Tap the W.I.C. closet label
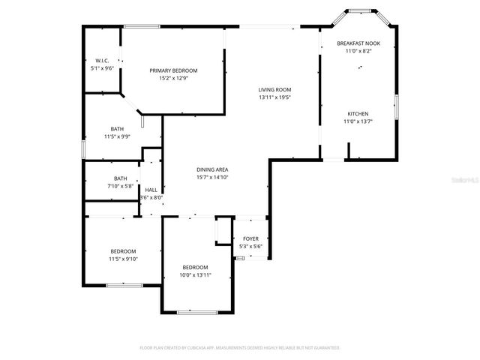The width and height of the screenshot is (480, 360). (103, 60)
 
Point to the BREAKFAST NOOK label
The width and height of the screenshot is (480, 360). (358, 43)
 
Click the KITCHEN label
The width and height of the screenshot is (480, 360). (358, 114)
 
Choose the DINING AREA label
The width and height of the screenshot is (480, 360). (211, 169)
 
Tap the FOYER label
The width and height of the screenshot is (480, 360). (250, 238)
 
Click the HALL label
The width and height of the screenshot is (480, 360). (151, 190)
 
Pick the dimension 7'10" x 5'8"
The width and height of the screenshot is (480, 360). (120, 186)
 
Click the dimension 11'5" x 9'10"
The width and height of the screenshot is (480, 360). (124, 259)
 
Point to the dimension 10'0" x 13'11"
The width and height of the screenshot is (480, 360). (195, 275)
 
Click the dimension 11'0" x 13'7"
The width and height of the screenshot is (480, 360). (358, 121)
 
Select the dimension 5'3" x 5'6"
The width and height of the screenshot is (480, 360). (250, 246)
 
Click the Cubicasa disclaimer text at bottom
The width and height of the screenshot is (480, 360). (240, 348)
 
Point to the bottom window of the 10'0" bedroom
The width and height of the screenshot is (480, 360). (198, 311)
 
